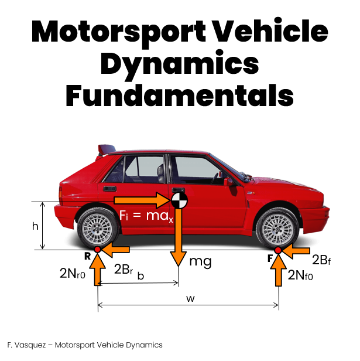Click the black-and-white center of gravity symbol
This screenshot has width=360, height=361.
[179, 200]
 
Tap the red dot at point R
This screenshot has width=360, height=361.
[98, 249]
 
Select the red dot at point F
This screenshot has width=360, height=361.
[278, 250]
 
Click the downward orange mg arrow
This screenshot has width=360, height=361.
[179, 237]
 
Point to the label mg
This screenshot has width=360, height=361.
[200, 262]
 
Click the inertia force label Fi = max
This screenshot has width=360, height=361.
[146, 216]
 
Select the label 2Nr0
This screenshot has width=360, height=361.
[73, 274]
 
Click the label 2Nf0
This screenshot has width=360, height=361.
[300, 275]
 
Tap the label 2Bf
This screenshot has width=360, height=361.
[321, 260]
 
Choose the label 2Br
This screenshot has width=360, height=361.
[124, 269]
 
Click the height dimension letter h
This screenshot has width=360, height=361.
[35, 226]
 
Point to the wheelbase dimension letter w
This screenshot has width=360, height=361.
[190, 298]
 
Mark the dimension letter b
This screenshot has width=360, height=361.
[140, 275]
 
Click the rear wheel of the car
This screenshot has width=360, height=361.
[98, 228]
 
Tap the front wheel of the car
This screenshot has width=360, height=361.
[277, 229]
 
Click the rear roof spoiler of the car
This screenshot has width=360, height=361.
[107, 149]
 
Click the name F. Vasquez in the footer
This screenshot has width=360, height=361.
[26, 345]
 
